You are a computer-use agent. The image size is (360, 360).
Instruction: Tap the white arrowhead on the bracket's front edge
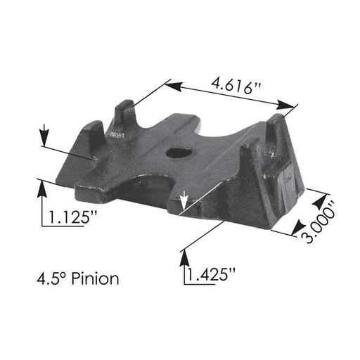click(x=184, y=203)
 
